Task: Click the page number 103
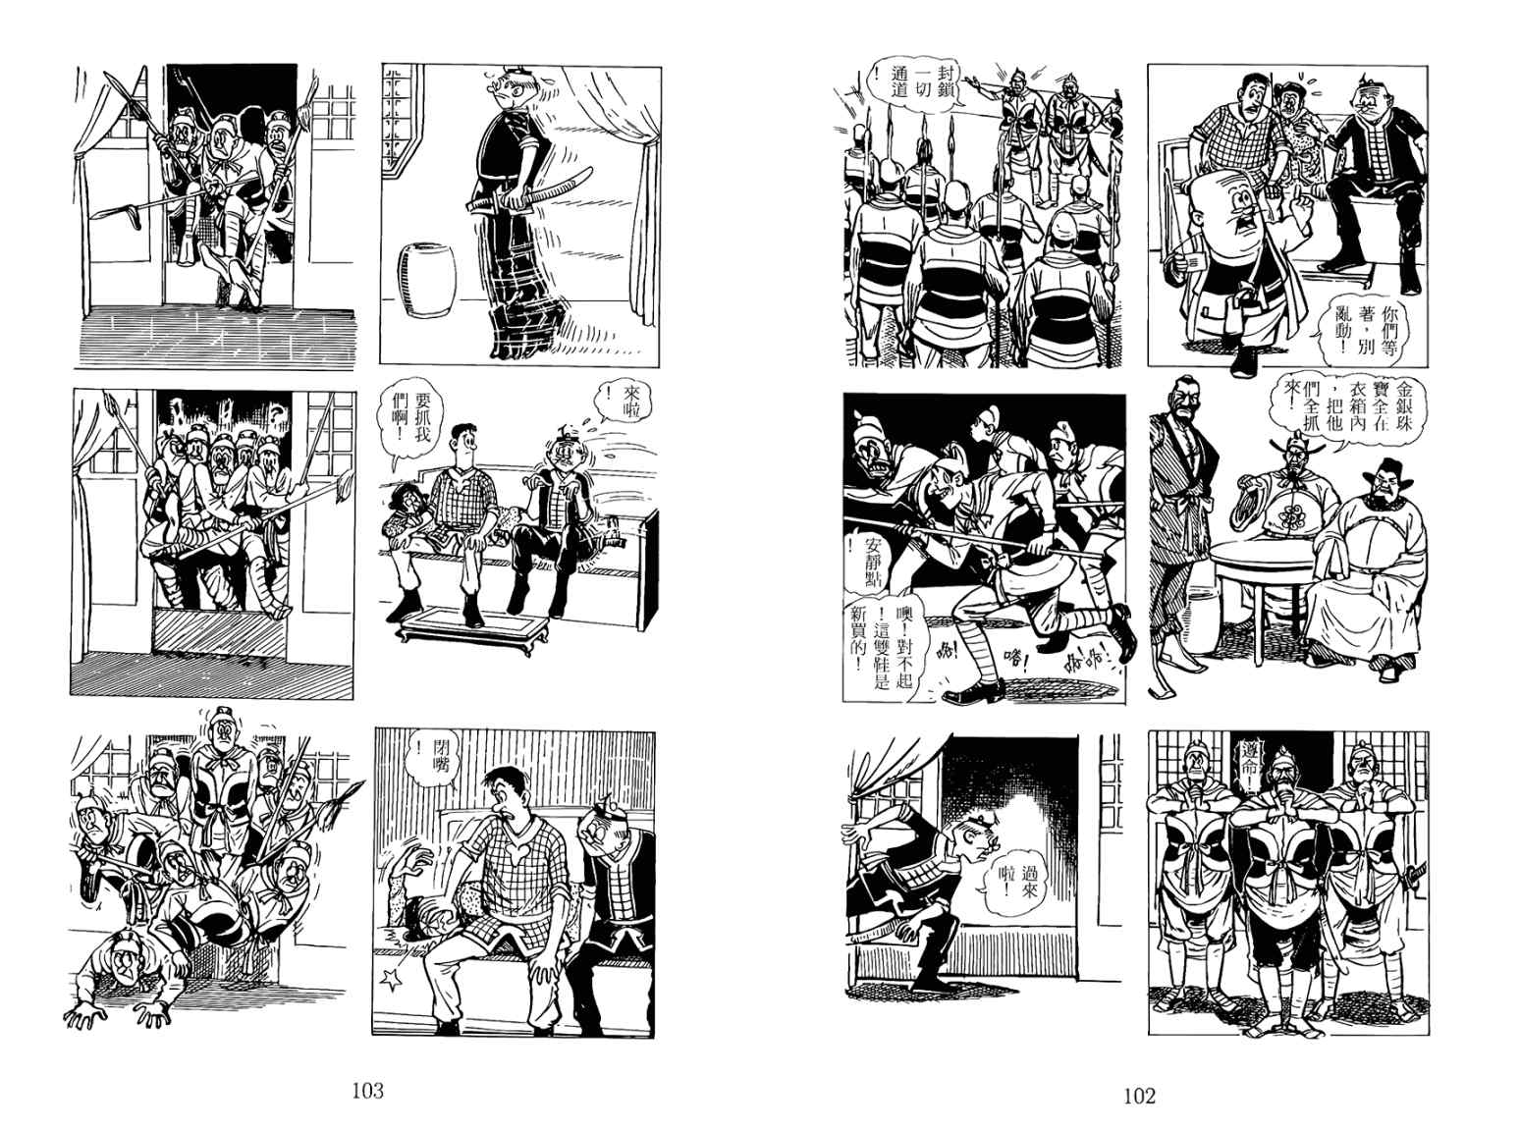coord(367,1090)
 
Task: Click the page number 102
coord(1139,1096)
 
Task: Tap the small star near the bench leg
coord(393,980)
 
